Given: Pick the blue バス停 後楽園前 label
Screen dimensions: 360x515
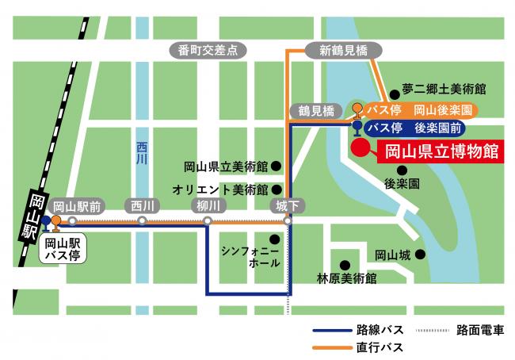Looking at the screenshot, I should [414, 127].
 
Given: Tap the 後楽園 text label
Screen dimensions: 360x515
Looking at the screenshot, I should [402, 183].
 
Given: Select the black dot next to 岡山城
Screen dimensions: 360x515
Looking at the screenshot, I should [421, 255].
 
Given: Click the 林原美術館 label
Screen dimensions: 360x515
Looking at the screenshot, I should [346, 278].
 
